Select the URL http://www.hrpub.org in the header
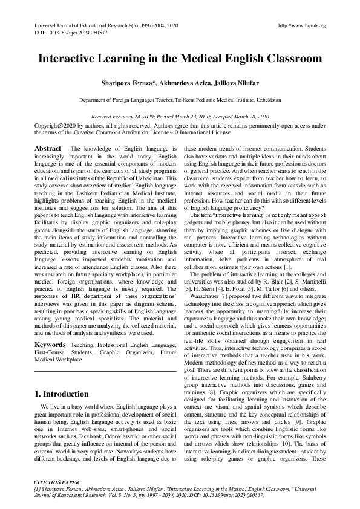(301, 25)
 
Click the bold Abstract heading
(48, 148)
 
